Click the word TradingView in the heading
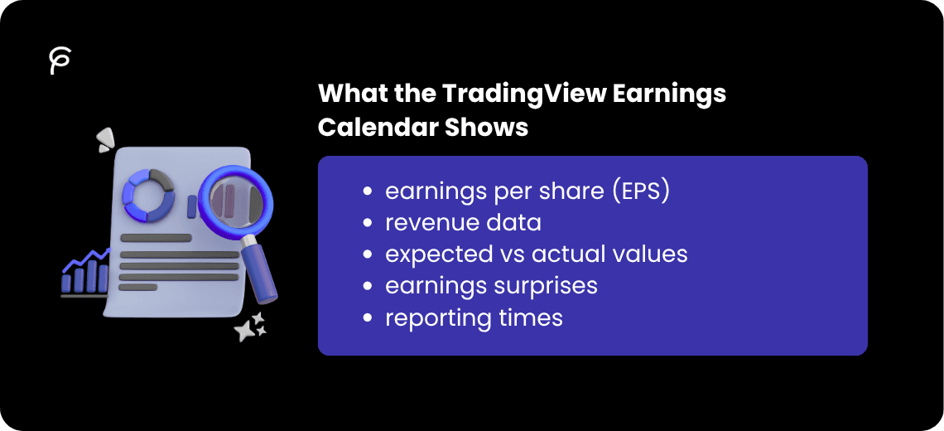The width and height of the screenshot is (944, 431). [524, 94]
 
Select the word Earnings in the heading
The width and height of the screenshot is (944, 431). [669, 94]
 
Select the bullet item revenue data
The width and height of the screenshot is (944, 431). [463, 222]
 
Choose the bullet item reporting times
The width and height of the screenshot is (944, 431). [474, 317]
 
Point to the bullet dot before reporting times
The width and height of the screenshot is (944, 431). [367, 317]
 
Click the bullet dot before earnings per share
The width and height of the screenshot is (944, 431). [367, 191]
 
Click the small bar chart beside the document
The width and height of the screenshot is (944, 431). [84, 274]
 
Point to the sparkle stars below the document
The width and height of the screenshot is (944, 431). [250, 327]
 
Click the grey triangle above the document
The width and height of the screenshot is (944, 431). [104, 139]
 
